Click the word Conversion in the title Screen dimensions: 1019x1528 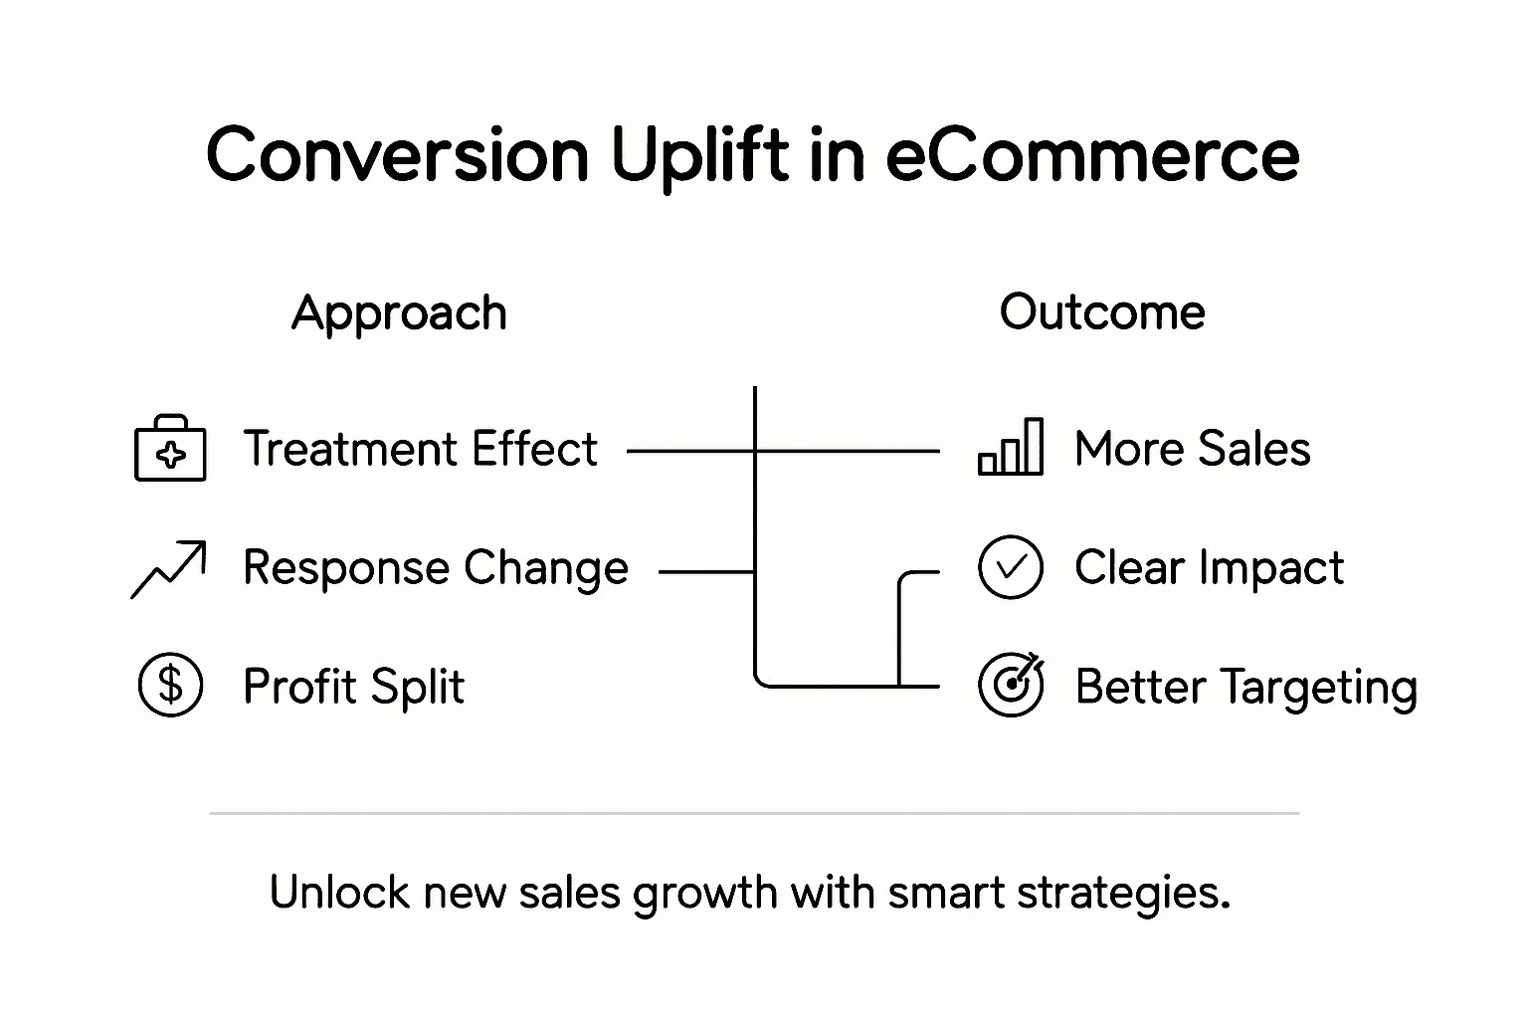tap(398, 155)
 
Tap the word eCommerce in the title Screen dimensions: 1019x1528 tap(1091, 155)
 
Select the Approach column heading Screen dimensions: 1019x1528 tap(399, 313)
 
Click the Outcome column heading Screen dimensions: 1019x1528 tap(1102, 312)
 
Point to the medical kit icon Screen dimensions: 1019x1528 tap(170, 449)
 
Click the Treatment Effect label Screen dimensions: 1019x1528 tap(420, 449)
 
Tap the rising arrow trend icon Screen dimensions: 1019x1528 tap(169, 569)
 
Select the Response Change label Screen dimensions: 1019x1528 tap(436, 568)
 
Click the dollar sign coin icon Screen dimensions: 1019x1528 tap(170, 686)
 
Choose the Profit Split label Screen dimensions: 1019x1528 tap(353, 687)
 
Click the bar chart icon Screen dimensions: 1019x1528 tap(1011, 447)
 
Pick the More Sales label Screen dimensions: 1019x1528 tap(1192, 449)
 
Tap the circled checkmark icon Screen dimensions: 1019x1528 tap(1011, 567)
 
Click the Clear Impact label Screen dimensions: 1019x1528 tap(1209, 568)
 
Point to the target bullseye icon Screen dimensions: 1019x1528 tap(1011, 685)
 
